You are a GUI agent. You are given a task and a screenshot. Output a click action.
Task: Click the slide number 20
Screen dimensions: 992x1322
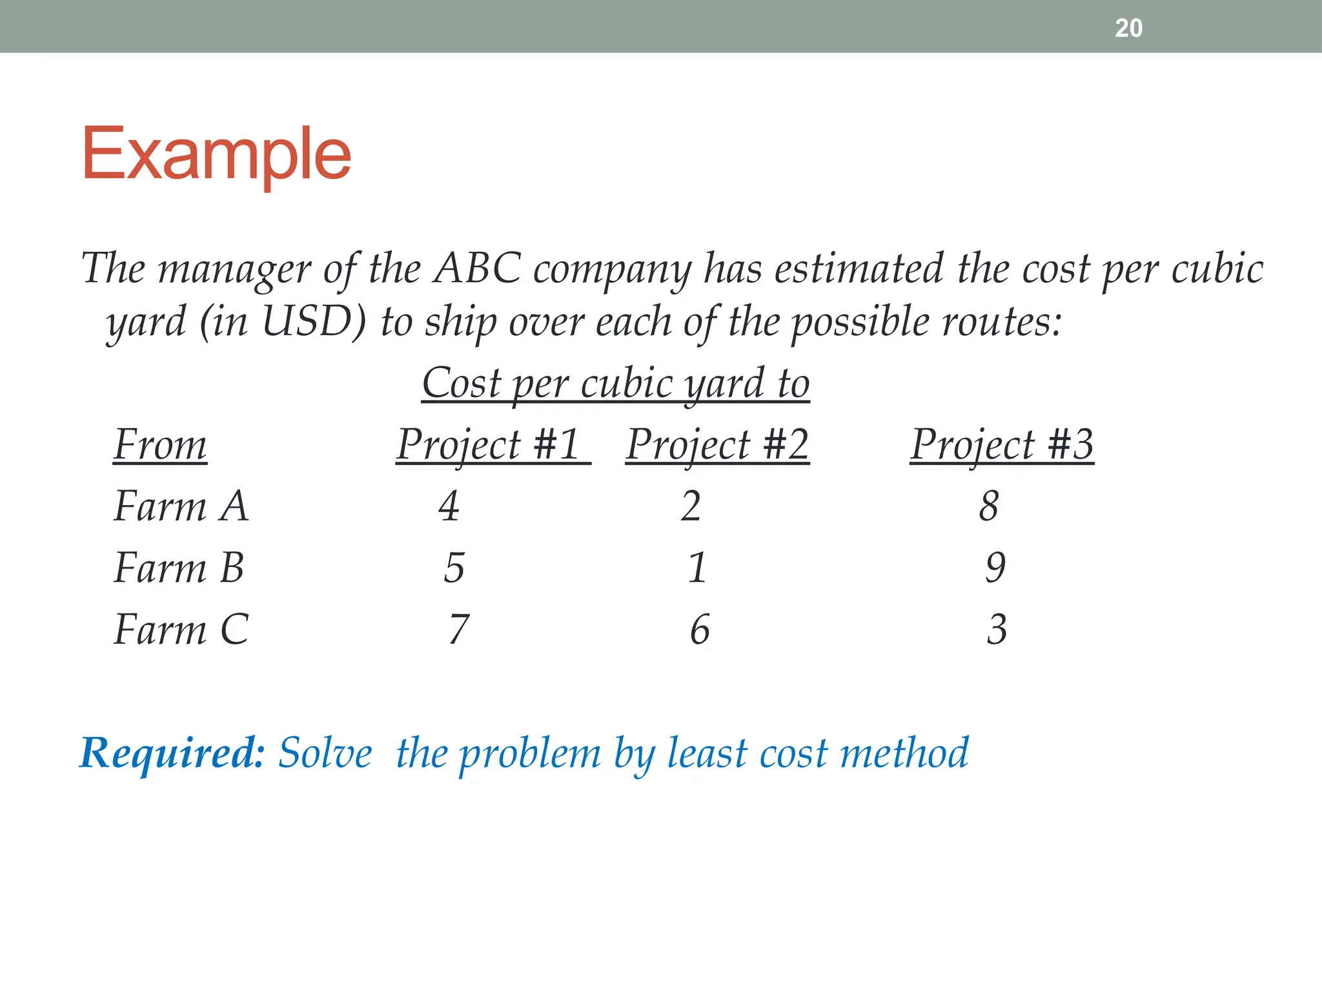[1128, 28]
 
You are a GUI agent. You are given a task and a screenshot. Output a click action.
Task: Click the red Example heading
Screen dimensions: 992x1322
[216, 155]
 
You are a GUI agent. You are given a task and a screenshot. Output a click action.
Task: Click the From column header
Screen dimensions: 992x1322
[160, 445]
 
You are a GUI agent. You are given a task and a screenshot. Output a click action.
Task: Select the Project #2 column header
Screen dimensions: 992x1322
[717, 445]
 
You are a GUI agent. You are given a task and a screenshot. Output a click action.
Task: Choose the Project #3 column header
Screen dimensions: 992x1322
[1002, 445]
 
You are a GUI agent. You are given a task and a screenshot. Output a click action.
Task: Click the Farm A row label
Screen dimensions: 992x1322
[181, 506]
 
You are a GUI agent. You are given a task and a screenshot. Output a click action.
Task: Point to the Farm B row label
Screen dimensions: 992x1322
[179, 568]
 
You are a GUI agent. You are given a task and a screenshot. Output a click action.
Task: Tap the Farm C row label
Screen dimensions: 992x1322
[181, 630]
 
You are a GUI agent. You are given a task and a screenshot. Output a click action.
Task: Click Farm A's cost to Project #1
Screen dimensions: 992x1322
[449, 506]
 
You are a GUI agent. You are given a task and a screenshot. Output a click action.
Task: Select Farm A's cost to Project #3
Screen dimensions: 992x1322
[988, 506]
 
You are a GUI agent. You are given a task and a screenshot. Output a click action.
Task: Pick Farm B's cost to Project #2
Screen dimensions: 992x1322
[697, 568]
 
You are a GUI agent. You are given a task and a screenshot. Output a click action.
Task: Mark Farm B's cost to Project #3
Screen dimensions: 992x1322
[995, 568]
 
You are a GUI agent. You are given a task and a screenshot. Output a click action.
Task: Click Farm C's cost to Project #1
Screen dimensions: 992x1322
[458, 630]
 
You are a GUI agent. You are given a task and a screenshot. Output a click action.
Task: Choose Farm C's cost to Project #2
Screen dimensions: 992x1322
[700, 630]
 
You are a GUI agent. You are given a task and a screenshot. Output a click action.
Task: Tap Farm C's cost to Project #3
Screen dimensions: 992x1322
[997, 630]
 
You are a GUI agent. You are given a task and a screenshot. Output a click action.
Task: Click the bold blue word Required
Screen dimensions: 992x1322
[172, 753]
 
